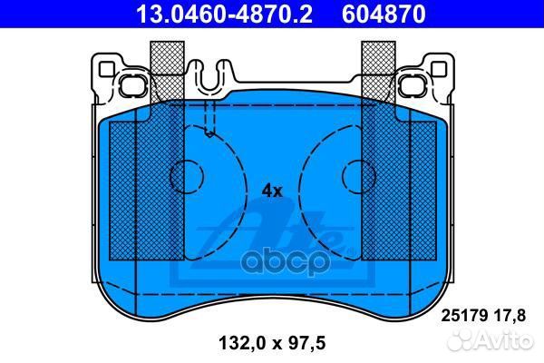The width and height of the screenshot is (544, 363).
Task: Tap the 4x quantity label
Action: point(272,191)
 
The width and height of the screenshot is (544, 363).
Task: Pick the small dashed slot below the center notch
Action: point(209,118)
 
